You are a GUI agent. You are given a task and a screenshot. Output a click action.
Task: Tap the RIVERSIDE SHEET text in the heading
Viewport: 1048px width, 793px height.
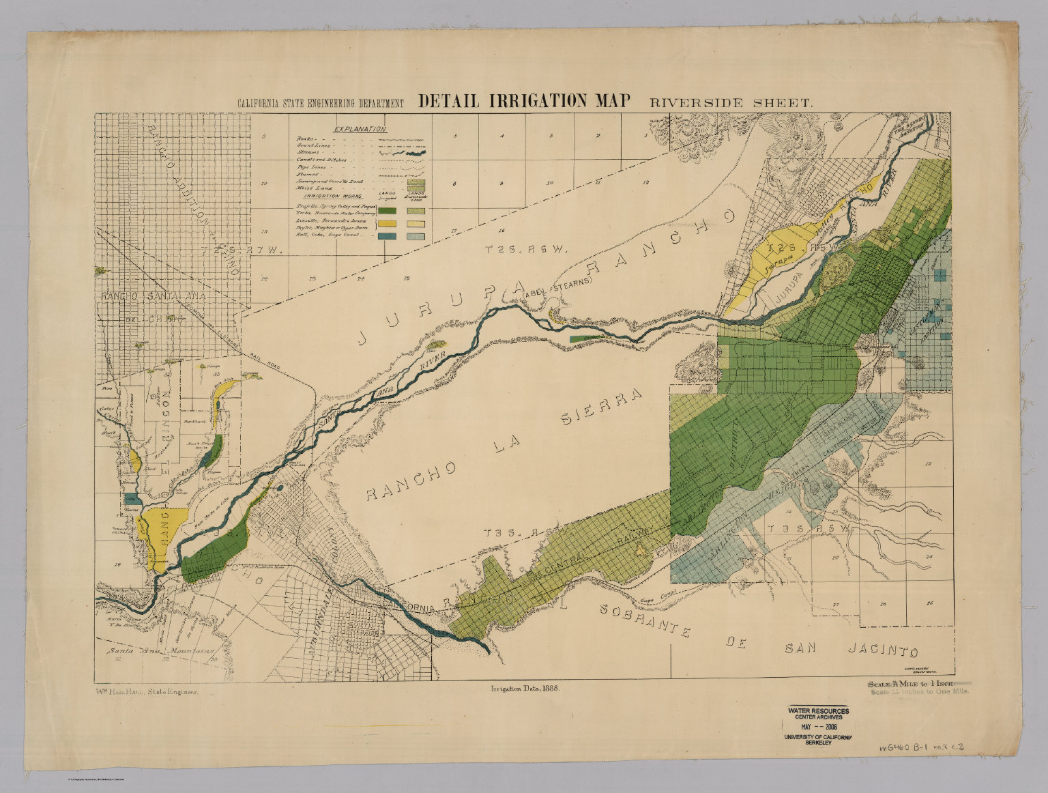click(731, 103)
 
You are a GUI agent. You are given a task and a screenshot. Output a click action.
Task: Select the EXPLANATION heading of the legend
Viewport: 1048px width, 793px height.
click(360, 129)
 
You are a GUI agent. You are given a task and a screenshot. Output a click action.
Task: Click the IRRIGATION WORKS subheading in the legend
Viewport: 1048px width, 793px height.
click(319, 194)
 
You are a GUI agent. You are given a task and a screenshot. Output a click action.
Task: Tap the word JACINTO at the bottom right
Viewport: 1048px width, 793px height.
click(883, 650)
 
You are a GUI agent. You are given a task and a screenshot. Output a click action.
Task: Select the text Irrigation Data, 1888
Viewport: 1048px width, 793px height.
click(525, 689)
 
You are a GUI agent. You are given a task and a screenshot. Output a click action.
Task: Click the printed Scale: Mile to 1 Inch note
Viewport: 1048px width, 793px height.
click(916, 683)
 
